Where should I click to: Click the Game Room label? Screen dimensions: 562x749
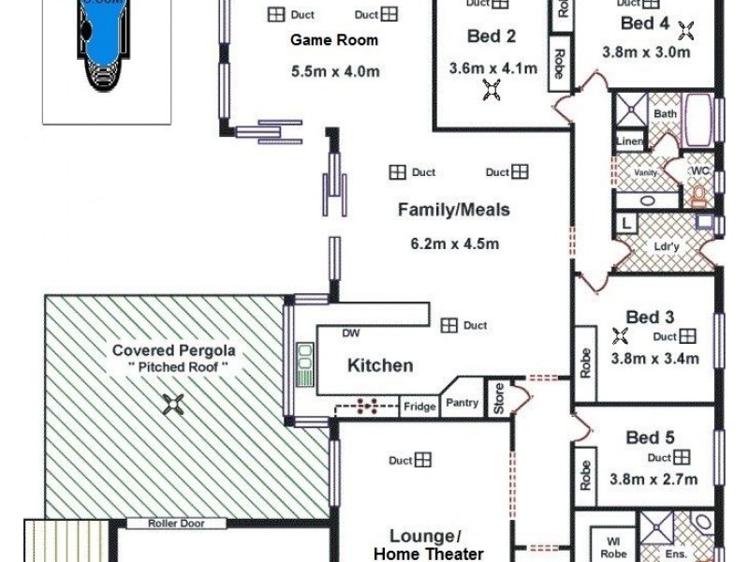click(x=334, y=40)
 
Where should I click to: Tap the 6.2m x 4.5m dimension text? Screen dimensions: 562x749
click(x=454, y=244)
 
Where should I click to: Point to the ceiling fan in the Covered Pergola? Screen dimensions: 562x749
click(x=174, y=404)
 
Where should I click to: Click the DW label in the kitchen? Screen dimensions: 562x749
click(x=351, y=333)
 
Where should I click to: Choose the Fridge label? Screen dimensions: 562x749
click(x=419, y=407)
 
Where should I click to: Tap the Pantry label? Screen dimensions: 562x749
click(x=463, y=404)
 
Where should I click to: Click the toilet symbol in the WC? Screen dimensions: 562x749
click(x=698, y=195)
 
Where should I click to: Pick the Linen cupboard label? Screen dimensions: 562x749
click(x=629, y=140)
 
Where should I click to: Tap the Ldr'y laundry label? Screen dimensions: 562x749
click(x=666, y=246)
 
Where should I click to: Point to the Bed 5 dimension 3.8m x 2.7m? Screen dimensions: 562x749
click(x=654, y=480)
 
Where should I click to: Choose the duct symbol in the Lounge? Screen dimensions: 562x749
click(x=423, y=460)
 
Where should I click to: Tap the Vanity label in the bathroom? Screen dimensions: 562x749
click(x=645, y=173)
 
